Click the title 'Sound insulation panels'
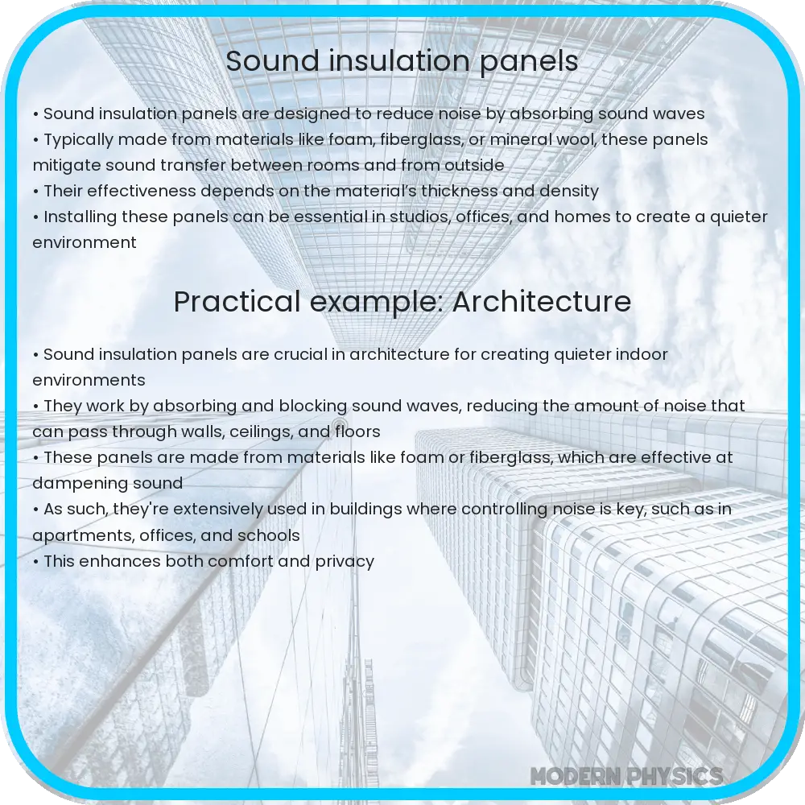[402, 61]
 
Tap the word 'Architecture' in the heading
[542, 302]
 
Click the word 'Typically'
[79, 140]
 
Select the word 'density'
[569, 192]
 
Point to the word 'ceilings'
[262, 432]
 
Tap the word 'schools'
[272, 535]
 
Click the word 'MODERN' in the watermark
[576, 777]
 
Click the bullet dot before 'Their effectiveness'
[36, 192]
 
